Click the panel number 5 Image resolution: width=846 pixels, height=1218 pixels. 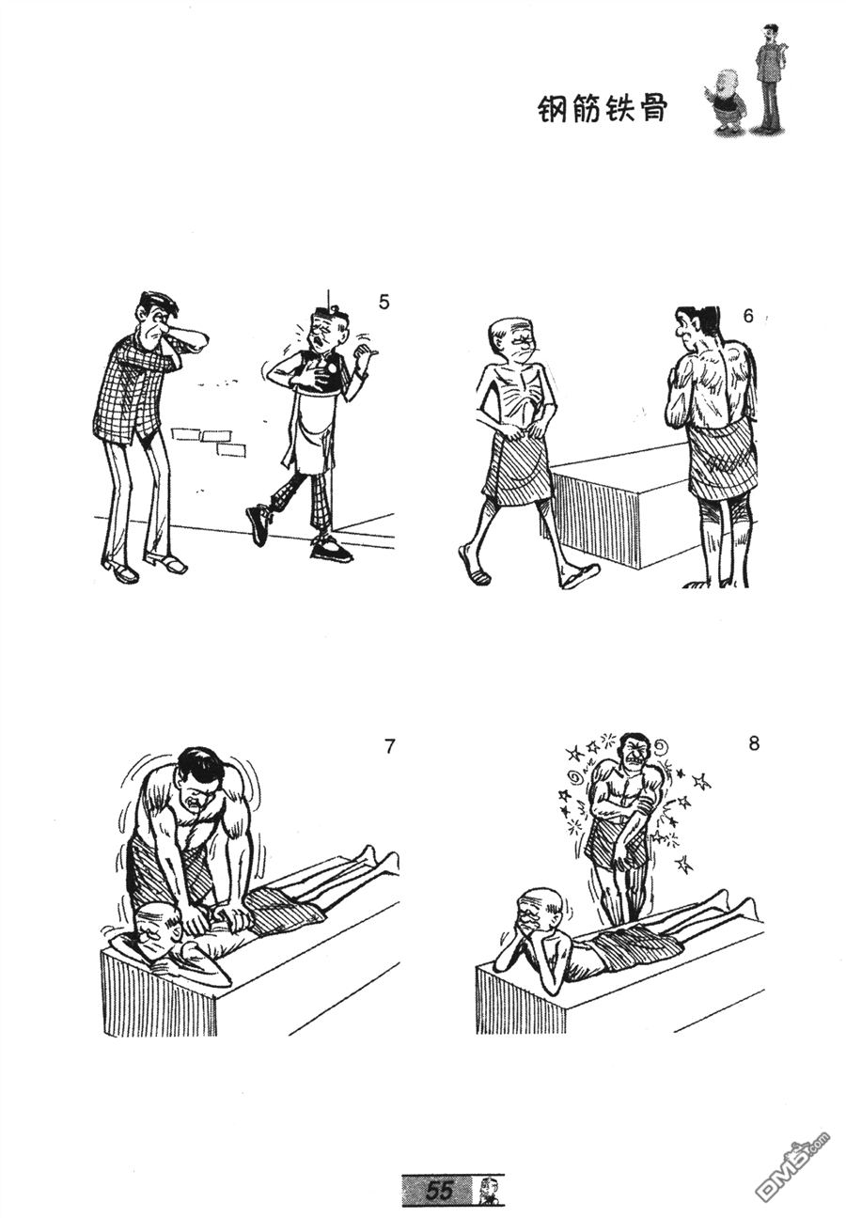(x=384, y=302)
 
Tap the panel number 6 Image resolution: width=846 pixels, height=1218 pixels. (x=748, y=317)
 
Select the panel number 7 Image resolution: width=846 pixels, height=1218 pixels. (x=388, y=747)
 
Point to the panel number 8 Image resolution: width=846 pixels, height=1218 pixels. (x=753, y=743)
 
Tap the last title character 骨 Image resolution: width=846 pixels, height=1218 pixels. (x=652, y=109)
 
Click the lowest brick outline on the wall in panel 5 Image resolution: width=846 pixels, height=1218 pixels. (x=230, y=449)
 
